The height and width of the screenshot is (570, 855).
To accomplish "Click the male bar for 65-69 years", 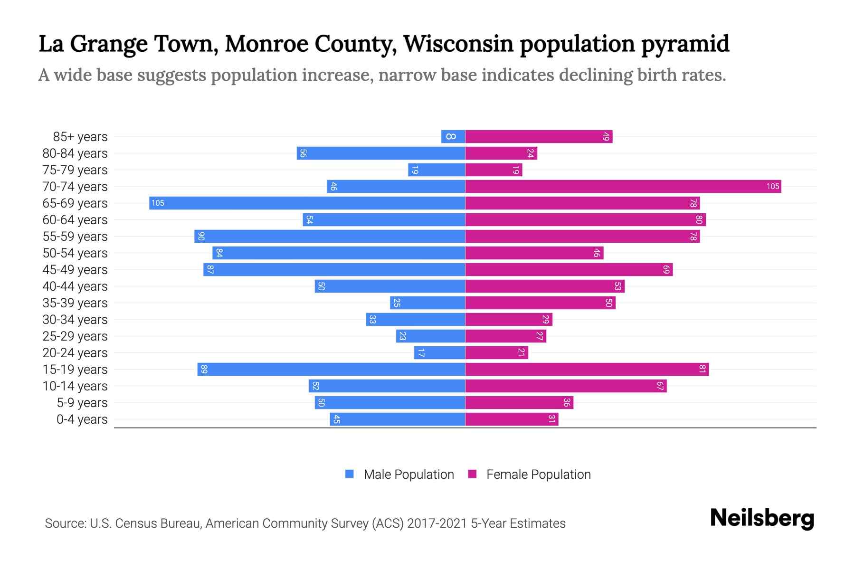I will point(307,203).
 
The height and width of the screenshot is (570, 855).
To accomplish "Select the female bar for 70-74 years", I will point(623,187).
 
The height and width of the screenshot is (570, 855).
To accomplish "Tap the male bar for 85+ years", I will point(453,137).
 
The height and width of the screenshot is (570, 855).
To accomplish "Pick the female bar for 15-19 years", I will point(587,370).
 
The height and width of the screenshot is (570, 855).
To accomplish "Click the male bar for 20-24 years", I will point(439,353).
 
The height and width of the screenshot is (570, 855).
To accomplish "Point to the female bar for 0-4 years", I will point(512,419).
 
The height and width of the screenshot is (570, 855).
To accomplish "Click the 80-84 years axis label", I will point(75,153).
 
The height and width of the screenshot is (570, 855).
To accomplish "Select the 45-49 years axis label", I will point(75,270).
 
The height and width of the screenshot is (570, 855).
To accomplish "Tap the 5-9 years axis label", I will point(82,403).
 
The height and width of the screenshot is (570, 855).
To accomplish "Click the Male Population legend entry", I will point(408,475).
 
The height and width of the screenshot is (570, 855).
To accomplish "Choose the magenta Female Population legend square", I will point(472,474).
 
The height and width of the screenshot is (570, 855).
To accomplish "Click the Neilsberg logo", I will point(762,518).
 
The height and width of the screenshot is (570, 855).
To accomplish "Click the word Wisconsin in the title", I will point(458,44).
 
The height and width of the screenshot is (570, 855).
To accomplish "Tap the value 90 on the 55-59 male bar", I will point(201,237).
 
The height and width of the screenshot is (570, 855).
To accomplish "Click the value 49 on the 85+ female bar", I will point(606,137).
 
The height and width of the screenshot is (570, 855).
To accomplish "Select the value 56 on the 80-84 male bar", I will point(303,153).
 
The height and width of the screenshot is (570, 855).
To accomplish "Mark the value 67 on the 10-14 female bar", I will point(660,386).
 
